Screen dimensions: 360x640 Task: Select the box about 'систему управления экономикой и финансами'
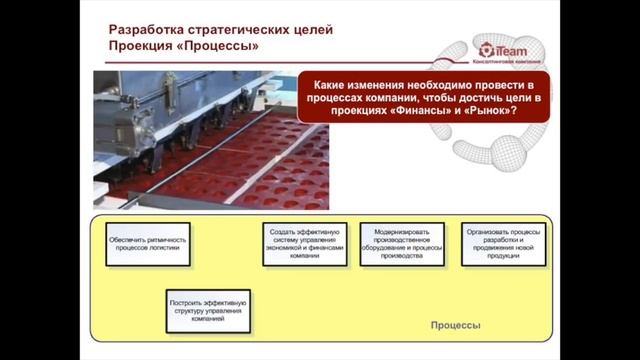pyautogui.click(x=306, y=243)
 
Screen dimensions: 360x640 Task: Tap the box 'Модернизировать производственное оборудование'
pyautogui.click(x=402, y=243)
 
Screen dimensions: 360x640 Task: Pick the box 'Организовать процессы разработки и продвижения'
pyautogui.click(x=504, y=243)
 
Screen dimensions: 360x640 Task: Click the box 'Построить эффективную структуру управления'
pyautogui.click(x=208, y=310)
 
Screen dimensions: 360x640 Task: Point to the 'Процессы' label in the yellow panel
pyautogui.click(x=455, y=326)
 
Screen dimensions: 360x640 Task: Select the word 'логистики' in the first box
pyautogui.click(x=163, y=249)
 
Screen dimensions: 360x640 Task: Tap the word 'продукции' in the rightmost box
pyautogui.click(x=504, y=256)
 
